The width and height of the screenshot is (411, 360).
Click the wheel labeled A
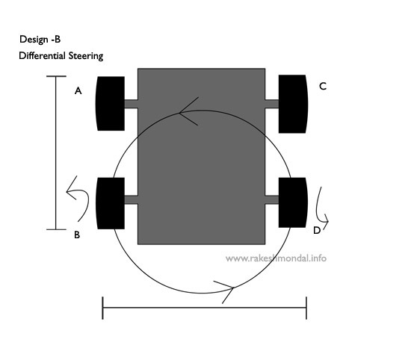110,104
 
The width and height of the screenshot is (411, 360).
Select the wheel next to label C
293,104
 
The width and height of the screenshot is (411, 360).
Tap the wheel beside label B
110,203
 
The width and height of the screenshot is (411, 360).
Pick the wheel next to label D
293,202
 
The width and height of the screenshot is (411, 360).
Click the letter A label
78,91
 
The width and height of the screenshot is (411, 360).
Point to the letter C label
323,86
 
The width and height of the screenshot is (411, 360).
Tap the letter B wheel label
77,235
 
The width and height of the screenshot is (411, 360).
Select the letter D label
317,230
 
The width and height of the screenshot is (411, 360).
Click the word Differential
42,55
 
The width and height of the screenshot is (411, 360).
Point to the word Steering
86,56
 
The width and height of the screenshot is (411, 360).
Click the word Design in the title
34,40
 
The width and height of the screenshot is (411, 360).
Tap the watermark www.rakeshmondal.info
276,258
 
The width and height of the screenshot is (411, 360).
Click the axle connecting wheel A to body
131,104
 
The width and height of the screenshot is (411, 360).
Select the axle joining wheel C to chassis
272,104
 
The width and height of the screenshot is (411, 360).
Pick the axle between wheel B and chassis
131,199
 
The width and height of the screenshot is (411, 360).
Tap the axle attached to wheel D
272,199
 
